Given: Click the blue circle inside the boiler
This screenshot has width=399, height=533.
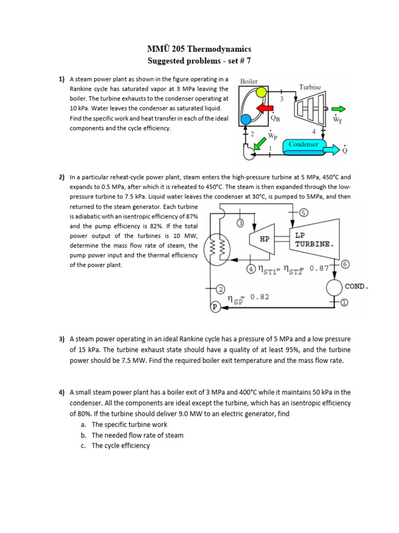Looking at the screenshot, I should tap(246, 119).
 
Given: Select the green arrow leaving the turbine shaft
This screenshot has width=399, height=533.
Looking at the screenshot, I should tap(338, 109).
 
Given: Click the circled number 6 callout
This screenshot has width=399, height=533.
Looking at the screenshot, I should tap(346, 264).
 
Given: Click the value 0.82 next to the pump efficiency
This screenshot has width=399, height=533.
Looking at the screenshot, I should tap(260, 297).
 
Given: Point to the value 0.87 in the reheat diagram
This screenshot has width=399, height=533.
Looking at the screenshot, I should tap(319, 269).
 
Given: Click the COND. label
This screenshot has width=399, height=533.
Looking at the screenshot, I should tap(356, 286).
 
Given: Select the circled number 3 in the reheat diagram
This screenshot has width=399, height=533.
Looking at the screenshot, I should tap(241, 223).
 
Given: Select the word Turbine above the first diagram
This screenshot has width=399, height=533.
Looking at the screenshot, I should tap(310, 87).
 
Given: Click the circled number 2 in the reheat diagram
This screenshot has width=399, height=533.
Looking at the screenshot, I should tap(220, 289).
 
